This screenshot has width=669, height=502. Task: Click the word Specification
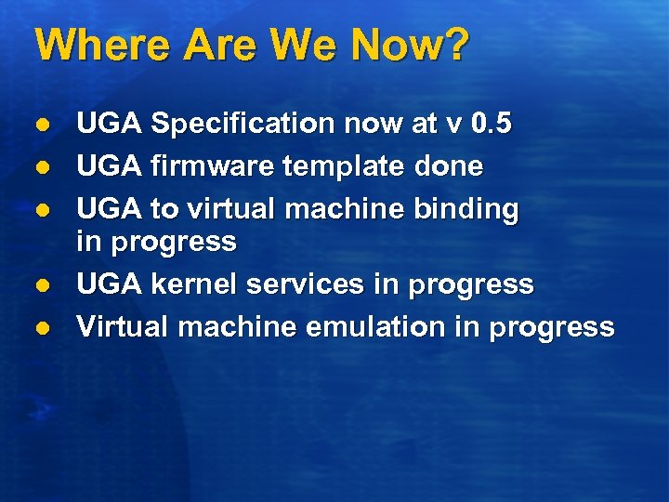(x=243, y=124)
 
